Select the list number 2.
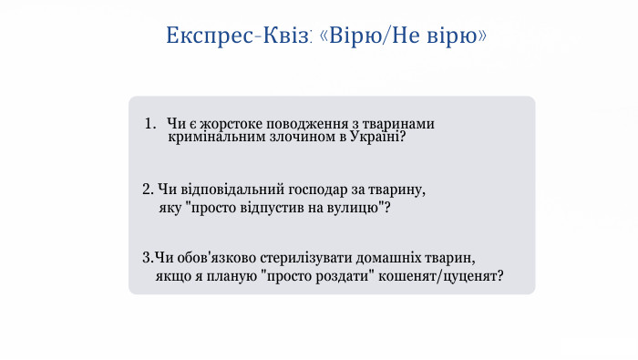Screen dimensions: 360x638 147,190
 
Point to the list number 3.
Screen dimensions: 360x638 147,257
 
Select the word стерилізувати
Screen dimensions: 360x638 305,257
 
